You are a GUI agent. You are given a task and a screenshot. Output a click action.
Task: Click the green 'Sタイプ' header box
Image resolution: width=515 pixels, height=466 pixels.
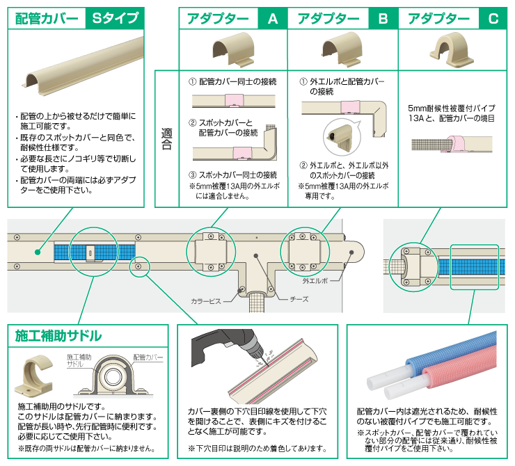114,19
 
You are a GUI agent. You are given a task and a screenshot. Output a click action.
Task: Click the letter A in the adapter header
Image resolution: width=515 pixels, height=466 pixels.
272,19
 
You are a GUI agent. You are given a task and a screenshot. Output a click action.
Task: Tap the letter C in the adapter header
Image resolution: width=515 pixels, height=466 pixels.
493,19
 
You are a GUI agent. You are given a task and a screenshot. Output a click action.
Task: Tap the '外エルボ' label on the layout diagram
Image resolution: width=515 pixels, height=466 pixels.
316,281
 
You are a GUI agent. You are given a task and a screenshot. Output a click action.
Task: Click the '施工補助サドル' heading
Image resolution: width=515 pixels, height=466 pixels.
58,337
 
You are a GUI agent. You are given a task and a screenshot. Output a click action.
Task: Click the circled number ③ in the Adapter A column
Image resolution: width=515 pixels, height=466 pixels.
193,175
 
